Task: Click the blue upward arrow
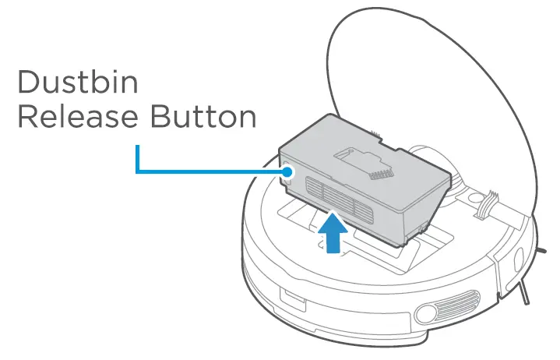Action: [x=333, y=231]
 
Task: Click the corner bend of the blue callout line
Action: [x=137, y=171]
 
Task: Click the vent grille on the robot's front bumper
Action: [x=463, y=300]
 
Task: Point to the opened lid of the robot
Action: [x=436, y=94]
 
